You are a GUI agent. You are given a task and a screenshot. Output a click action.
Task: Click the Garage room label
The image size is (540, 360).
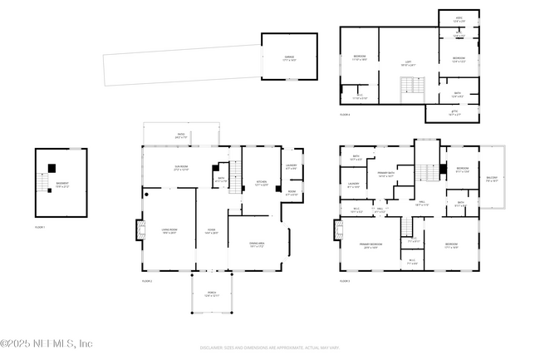pos(289,58)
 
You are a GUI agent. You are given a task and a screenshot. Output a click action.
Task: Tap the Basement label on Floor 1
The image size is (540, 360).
pos(62,185)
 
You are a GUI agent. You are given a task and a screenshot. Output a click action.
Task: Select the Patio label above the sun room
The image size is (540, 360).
pos(180,136)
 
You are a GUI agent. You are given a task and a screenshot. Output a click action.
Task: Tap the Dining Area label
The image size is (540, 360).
pos(256,244)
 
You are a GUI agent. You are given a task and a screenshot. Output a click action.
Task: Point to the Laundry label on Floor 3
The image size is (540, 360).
pos(353,186)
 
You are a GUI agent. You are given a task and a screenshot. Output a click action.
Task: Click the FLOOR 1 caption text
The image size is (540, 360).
pos(40,226)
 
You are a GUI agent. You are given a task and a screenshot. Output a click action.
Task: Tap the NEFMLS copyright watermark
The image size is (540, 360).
pos(47,343)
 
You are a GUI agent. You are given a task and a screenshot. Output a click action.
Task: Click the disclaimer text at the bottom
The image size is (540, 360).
pos(269,347)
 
